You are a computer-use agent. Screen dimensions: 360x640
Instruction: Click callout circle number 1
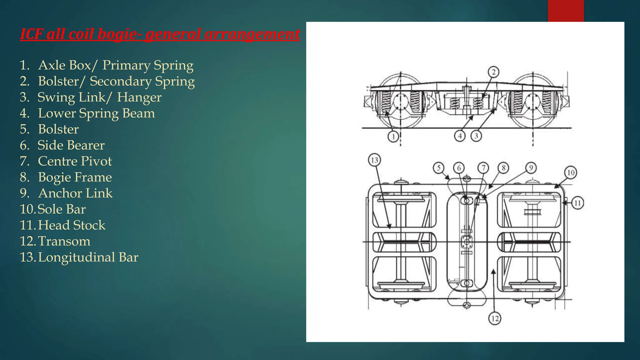pyautogui.click(x=393, y=137)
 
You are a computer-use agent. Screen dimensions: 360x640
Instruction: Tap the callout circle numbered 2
pyautogui.click(x=493, y=72)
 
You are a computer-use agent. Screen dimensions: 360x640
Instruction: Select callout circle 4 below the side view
pyautogui.click(x=460, y=136)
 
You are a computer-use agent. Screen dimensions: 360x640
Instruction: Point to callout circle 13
pyautogui.click(x=374, y=160)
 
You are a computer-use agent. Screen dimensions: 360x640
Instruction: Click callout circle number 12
pyautogui.click(x=495, y=318)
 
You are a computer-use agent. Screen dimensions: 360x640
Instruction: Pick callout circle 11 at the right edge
pyautogui.click(x=577, y=203)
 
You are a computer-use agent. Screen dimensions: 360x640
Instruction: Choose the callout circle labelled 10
pyautogui.click(x=571, y=172)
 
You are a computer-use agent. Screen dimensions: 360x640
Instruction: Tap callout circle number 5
pyautogui.click(x=439, y=168)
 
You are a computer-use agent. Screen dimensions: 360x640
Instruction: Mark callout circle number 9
pyautogui.click(x=531, y=168)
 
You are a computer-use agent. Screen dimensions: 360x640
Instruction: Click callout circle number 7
pyautogui.click(x=483, y=168)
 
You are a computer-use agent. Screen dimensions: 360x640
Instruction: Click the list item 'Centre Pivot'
pyautogui.click(x=75, y=161)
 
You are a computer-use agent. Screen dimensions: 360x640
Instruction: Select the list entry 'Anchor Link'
pyautogui.click(x=75, y=193)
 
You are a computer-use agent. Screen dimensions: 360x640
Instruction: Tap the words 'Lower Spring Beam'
pyautogui.click(x=96, y=113)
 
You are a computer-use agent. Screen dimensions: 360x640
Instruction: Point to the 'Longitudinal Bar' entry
pyautogui.click(x=88, y=257)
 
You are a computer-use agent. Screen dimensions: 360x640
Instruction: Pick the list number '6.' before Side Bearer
pyautogui.click(x=25, y=145)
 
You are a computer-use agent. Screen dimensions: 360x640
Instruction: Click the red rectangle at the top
pyautogui.click(x=566, y=11)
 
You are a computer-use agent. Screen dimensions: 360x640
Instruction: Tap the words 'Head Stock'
pyautogui.click(x=72, y=225)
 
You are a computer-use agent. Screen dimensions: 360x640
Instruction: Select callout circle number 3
pyautogui.click(x=476, y=136)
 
